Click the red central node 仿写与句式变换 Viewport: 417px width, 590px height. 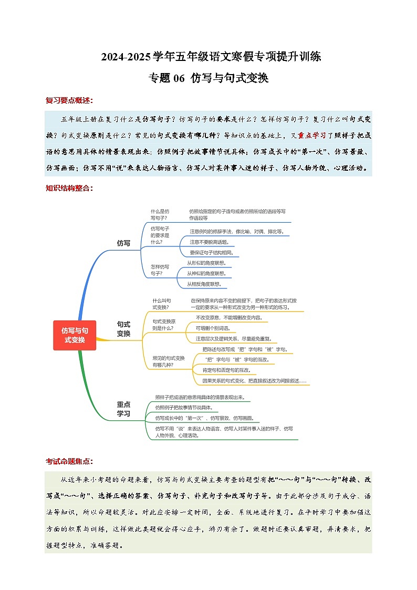[x=75, y=335]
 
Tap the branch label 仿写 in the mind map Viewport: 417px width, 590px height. [x=123, y=243]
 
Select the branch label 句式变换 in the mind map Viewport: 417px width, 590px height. [x=123, y=329]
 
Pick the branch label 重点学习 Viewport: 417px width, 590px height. [x=123, y=409]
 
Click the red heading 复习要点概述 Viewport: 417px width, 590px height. [x=69, y=100]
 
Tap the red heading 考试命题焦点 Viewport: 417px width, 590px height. [x=69, y=461]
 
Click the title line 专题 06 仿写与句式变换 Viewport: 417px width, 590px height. [x=208, y=78]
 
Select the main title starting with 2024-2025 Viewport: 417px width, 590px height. [x=208, y=57]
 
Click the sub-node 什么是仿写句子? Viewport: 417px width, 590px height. [x=160, y=214]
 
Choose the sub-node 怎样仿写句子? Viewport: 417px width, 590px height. [x=160, y=270]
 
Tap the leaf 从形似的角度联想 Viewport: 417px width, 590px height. [x=207, y=263]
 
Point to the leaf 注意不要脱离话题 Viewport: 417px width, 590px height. [x=208, y=242]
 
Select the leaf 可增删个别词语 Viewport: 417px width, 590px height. [x=212, y=328]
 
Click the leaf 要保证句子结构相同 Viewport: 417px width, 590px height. [x=211, y=253]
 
